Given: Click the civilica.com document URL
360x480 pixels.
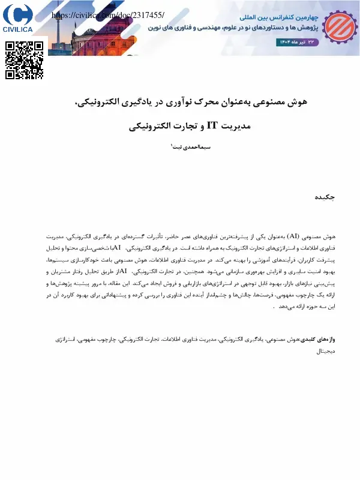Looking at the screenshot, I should tap(108, 14).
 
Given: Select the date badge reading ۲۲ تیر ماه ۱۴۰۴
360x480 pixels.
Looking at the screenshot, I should tap(298, 42).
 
